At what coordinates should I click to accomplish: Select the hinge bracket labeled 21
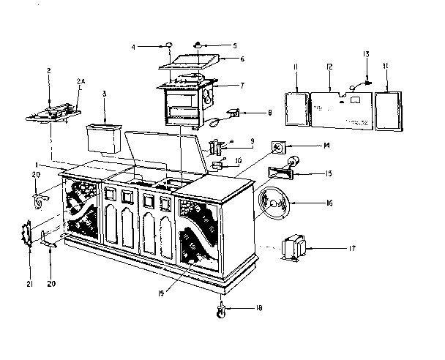coord(28,236)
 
